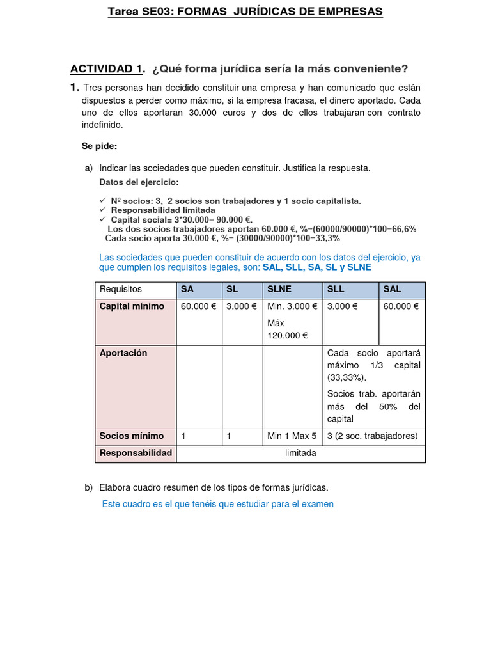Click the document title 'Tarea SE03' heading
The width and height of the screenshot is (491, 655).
click(x=245, y=12)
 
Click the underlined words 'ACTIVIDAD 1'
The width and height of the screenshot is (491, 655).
click(x=106, y=69)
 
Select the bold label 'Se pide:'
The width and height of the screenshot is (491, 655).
click(x=99, y=146)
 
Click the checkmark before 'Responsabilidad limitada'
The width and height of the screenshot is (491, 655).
click(x=103, y=210)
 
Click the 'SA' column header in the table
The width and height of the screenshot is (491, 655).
click(x=187, y=289)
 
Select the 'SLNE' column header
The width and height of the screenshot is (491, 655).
click(x=279, y=289)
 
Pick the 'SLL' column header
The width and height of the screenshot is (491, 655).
click(x=336, y=289)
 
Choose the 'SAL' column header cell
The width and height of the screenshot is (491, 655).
click(x=392, y=289)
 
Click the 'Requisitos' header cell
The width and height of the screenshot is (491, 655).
click(x=121, y=289)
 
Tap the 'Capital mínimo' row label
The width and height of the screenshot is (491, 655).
click(x=132, y=306)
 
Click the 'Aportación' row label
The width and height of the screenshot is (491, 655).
click(x=123, y=353)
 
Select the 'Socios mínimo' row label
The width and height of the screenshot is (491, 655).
click(x=132, y=436)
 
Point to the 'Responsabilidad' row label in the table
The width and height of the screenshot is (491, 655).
click(x=136, y=453)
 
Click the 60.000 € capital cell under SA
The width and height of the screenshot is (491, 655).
click(x=198, y=306)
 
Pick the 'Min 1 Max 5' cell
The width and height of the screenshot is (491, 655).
click(x=292, y=436)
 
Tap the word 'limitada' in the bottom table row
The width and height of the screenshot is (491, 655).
click(x=300, y=453)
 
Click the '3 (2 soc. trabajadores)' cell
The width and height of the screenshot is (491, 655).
click(x=372, y=436)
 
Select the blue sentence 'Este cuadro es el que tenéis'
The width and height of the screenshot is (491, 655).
click(x=218, y=504)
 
